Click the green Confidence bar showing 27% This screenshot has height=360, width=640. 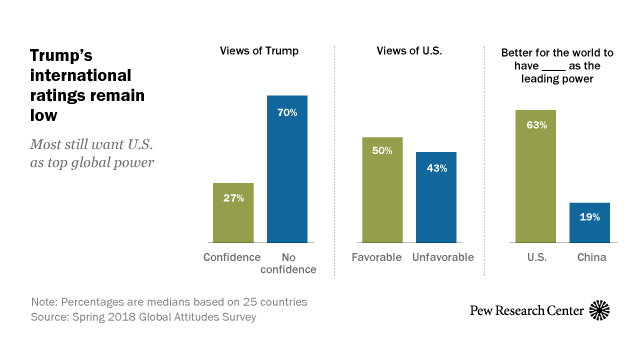coord(233,213)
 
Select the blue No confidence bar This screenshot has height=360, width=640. coord(287,170)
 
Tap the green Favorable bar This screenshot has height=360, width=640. coord(381,190)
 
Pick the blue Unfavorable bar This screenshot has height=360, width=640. coord(435,198)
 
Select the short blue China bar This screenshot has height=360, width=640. coord(589,223)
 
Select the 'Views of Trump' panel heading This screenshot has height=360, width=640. coord(260,50)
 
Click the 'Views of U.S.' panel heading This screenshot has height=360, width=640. coord(408,50)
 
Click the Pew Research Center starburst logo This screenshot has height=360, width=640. coord(601,310)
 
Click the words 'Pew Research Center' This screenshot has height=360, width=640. coord(527,311)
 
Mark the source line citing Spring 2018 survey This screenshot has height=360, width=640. coord(135,316)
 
